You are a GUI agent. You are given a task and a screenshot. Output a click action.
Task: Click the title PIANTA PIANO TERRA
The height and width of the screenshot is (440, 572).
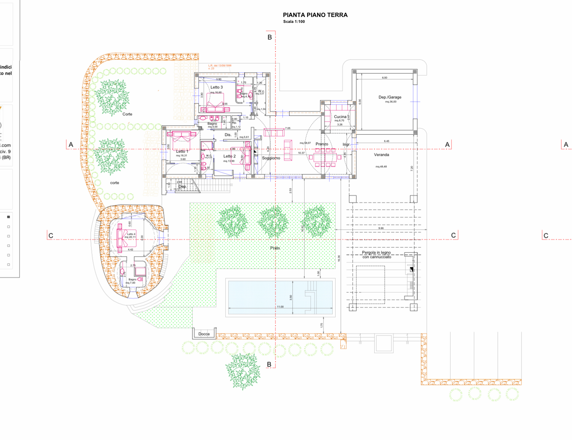315,15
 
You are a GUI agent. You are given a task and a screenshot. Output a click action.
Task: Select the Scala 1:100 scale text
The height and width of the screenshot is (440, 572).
294,22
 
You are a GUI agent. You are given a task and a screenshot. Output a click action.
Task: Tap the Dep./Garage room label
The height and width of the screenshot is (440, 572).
390,97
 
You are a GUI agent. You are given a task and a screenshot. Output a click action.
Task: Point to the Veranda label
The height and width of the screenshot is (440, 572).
381,155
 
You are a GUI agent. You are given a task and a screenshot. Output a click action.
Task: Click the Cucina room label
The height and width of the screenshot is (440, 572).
340,117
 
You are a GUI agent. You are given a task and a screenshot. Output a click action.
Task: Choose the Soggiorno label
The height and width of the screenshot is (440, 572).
271,158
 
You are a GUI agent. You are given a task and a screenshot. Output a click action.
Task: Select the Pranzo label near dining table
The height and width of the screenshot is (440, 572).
322,144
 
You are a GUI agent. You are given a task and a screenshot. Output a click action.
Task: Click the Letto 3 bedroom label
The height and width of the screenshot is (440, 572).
216,87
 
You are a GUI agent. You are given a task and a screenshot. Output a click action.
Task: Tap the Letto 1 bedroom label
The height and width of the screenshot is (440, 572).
182,152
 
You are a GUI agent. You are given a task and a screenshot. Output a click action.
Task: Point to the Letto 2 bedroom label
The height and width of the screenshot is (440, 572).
229,157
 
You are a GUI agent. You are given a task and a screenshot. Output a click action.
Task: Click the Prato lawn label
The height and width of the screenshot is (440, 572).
275,248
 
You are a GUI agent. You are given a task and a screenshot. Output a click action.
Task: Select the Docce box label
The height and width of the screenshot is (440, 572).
204,334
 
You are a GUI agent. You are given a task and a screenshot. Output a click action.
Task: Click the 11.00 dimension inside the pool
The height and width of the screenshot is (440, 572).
280,307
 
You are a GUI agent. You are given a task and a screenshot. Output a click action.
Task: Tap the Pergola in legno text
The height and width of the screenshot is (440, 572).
376,253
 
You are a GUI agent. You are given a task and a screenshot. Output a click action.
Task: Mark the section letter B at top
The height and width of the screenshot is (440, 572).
270,37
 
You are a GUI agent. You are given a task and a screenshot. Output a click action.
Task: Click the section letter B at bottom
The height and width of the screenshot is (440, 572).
269,364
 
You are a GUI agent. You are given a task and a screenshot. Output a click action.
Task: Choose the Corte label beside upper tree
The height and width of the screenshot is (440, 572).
127,114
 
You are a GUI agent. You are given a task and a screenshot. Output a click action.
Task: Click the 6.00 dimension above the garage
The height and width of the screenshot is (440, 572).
385,78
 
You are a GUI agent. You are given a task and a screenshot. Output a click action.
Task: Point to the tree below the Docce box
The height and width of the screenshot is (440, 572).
242,371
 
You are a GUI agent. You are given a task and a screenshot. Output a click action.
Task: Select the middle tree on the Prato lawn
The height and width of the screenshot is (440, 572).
273,221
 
